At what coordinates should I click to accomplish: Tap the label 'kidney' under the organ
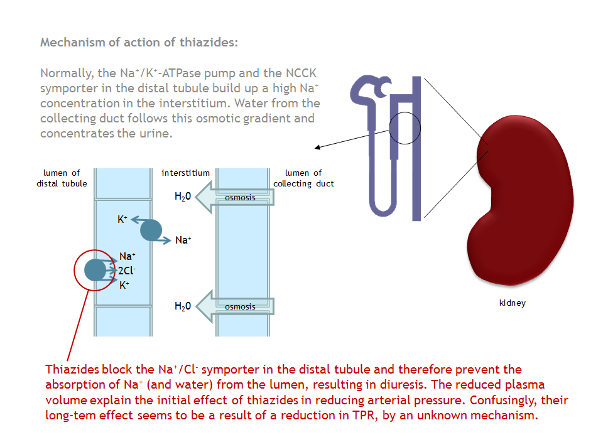coord(512,303)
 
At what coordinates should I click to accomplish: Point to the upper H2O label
coord(182,197)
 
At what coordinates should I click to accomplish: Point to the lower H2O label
coord(182,306)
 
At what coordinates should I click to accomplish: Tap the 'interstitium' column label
coord(185,173)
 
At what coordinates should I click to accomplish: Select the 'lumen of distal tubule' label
coord(62,178)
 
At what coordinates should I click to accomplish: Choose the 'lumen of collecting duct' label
coord(303,178)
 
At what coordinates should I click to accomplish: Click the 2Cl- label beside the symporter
coord(127,271)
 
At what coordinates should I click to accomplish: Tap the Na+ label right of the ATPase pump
coord(183,240)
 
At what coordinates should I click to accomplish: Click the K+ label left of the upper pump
coord(122,219)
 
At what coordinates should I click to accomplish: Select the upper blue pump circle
coord(151,230)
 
